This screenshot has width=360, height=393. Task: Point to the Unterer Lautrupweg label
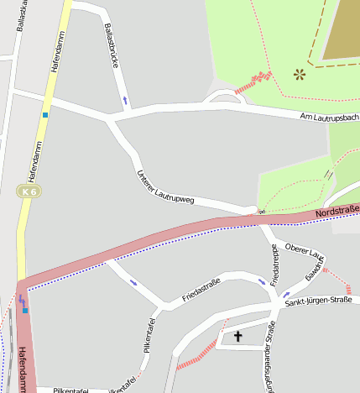coord(165,187)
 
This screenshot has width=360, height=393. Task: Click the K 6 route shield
coord(30,192)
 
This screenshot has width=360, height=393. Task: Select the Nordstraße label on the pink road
coord(337,212)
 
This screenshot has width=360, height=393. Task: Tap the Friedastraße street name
coord(201,290)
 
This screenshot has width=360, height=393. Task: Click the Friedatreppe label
coord(274,265)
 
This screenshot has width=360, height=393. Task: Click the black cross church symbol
coord(237,337)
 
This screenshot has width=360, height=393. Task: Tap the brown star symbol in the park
coord(299,75)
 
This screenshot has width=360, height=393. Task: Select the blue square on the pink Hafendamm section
coord(25,311)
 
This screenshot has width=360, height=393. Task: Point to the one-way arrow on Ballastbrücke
coord(125,100)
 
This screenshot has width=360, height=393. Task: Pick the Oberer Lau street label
coord(303,249)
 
